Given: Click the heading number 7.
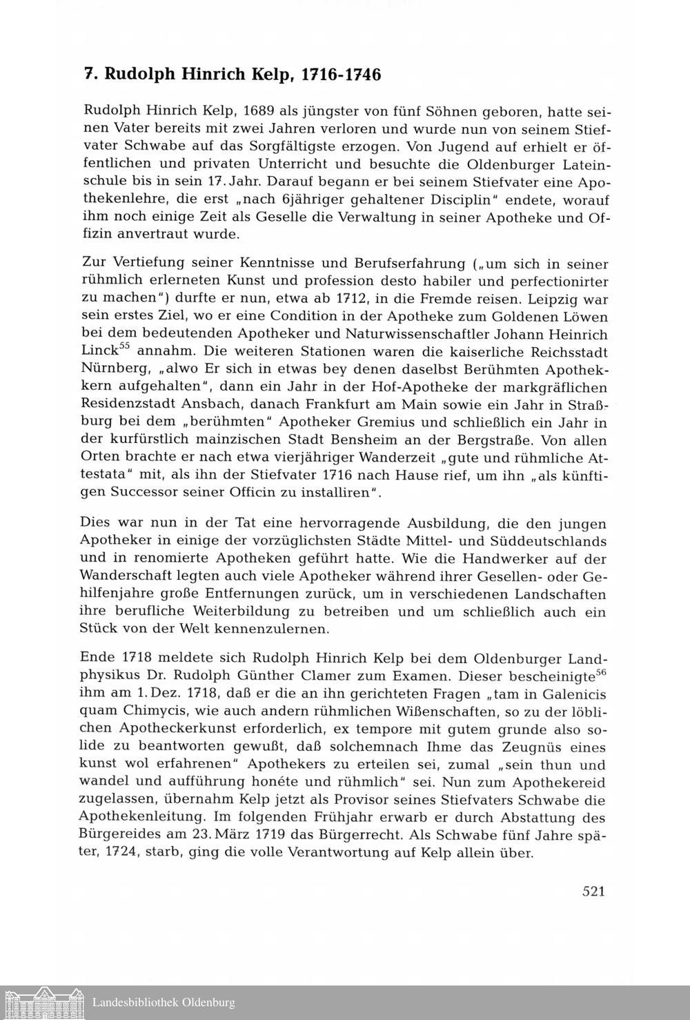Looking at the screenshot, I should [x=89, y=75].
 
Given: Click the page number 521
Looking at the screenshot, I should [x=593, y=891].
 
